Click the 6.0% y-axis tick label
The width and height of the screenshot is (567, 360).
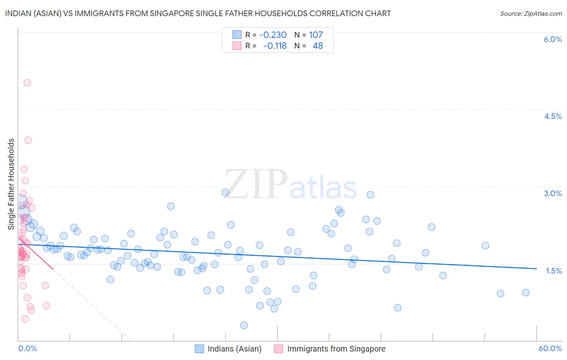[552, 39]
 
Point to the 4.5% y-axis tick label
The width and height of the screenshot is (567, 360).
[552, 116]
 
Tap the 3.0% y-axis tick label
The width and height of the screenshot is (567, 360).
[552, 193]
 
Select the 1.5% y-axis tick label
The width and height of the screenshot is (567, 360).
[554, 271]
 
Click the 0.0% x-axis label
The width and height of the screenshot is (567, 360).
[27, 348]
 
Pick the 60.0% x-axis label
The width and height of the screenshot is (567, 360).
[550, 348]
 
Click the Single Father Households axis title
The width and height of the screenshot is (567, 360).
[11, 184]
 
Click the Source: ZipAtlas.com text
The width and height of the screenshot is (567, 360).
[531, 13]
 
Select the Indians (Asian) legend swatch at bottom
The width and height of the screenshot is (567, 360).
[199, 349]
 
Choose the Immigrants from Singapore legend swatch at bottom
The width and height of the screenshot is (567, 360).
[279, 349]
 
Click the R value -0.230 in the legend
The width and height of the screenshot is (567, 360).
[273, 35]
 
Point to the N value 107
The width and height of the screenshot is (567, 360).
[316, 35]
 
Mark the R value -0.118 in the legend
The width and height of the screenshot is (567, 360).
[275, 46]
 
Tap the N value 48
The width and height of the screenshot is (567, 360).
[318, 46]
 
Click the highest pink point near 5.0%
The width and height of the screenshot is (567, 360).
[27, 83]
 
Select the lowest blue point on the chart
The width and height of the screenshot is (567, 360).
[244, 325]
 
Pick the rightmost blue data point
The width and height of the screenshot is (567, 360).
[525, 293]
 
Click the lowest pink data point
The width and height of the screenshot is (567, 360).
[25, 319]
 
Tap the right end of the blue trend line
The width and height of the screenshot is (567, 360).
[536, 268]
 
